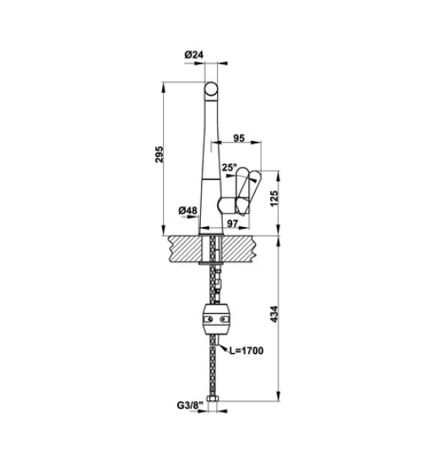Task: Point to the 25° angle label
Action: [x=229, y=167]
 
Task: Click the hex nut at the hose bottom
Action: [x=212, y=397]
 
